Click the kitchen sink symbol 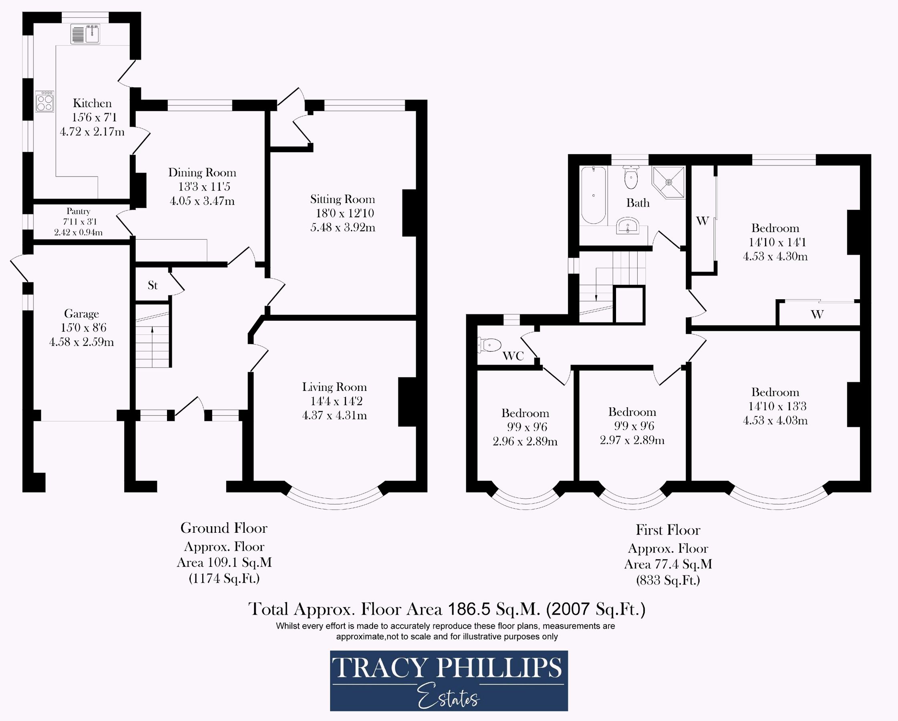(x=85, y=34)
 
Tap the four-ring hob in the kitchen (x=45, y=102)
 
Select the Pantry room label (x=78, y=211)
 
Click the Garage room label (x=81, y=313)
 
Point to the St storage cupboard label (x=153, y=285)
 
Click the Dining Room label (x=202, y=173)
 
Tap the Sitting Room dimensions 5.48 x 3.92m (x=343, y=228)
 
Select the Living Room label (x=334, y=387)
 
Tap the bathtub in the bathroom (x=594, y=195)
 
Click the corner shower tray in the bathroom (x=668, y=182)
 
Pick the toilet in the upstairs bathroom (x=631, y=177)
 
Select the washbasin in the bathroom (x=628, y=226)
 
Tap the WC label (x=513, y=356)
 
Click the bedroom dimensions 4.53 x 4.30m (x=775, y=256)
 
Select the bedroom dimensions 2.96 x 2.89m (x=525, y=441)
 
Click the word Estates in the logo (x=449, y=696)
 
